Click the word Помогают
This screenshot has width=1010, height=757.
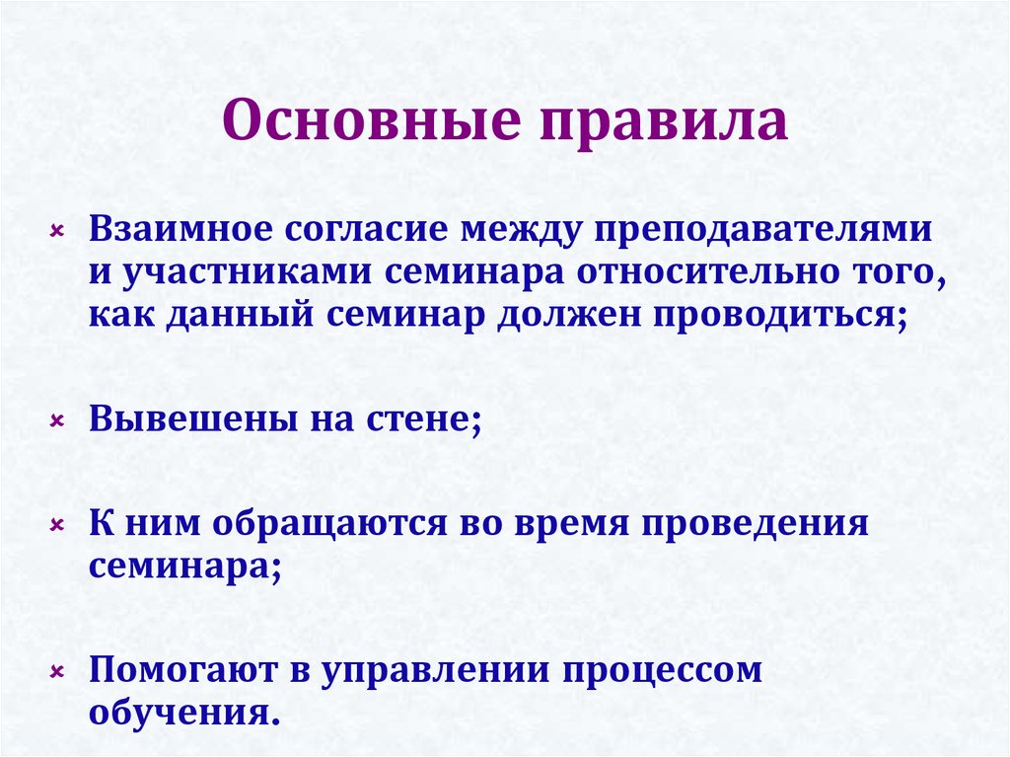click(181, 671)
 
